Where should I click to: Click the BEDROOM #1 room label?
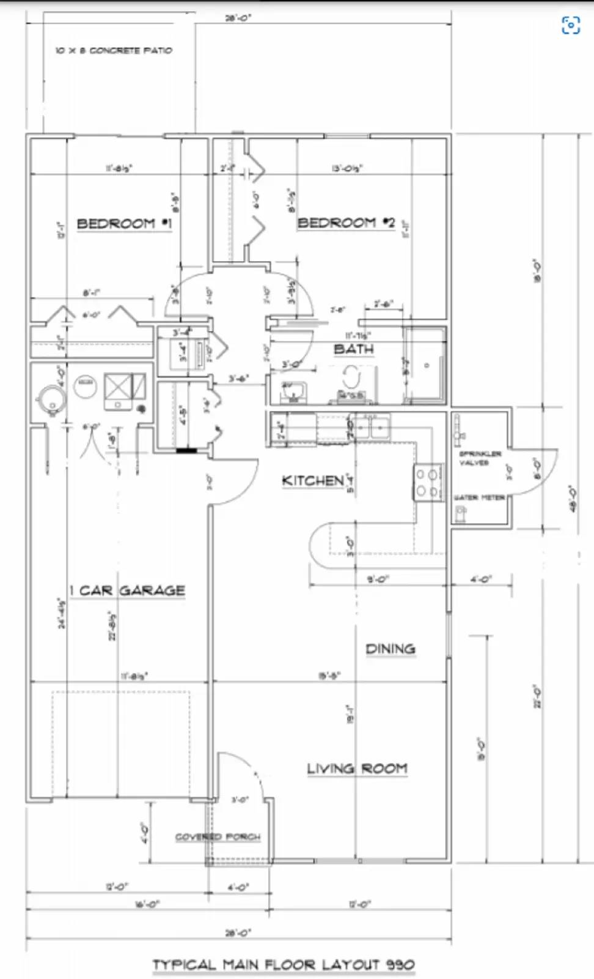click(124, 223)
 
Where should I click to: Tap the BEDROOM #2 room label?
click(346, 223)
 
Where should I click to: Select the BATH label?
click(353, 349)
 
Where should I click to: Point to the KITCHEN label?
click(313, 481)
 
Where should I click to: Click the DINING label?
click(390, 649)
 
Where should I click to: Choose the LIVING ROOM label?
click(357, 769)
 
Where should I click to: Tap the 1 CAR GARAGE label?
click(127, 590)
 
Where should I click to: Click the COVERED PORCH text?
click(218, 836)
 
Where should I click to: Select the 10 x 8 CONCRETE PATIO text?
click(114, 50)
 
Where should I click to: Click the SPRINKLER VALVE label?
click(480, 458)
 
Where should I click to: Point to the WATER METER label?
click(480, 497)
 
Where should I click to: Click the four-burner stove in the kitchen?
click(427, 483)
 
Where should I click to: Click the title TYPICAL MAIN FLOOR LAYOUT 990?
click(284, 965)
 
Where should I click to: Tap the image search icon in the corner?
click(570, 25)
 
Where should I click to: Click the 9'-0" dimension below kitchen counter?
click(378, 579)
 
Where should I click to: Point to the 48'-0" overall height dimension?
click(573, 499)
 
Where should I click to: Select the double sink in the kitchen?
click(372, 426)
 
